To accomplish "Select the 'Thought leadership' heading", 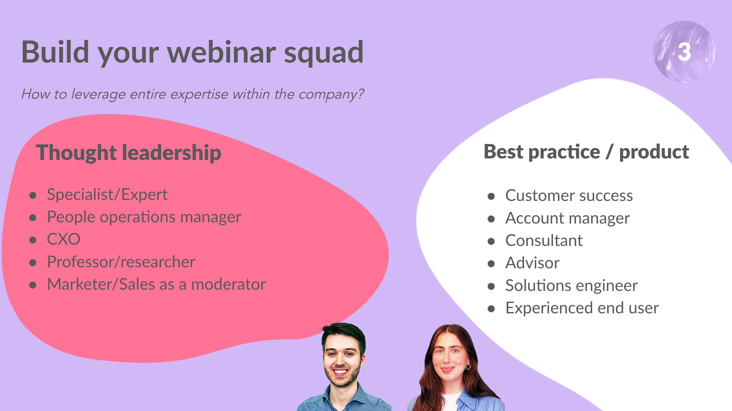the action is click(128, 153).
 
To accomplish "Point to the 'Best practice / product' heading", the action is click(586, 152).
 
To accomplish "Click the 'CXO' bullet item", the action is click(64, 239).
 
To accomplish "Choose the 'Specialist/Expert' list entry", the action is click(107, 195).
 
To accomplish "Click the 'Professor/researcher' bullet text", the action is click(121, 262).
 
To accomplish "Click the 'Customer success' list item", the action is click(569, 196).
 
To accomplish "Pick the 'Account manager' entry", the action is click(567, 218).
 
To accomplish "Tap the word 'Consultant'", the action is click(544, 240).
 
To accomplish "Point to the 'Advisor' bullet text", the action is click(533, 263).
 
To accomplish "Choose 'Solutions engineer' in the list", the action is click(572, 286).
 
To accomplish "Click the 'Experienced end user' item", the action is click(582, 308).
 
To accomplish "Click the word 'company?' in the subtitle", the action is click(331, 95).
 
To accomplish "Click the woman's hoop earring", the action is click(468, 367).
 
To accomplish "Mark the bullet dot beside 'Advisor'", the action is click(491, 264).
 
